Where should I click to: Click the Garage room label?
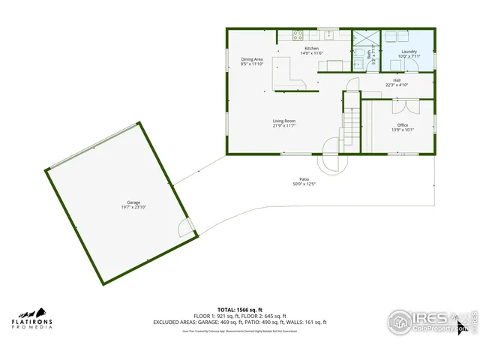pyautogui.click(x=133, y=202)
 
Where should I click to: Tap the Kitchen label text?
pyautogui.click(x=290, y=49)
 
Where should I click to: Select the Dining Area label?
pyautogui.click(x=251, y=59)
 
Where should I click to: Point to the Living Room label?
pyautogui.click(x=283, y=121)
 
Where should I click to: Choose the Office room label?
pyautogui.click(x=403, y=124)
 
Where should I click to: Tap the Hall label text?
pyautogui.click(x=396, y=80)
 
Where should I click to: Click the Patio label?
pyautogui.click(x=304, y=179)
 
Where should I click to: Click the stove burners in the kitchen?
pyautogui.click(x=289, y=34)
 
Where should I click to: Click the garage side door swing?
pyautogui.click(x=185, y=226)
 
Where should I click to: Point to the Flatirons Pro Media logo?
pyautogui.click(x=31, y=319)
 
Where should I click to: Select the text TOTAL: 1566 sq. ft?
pyautogui.click(x=241, y=309)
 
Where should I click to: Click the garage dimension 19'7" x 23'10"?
pyautogui.click(x=133, y=207)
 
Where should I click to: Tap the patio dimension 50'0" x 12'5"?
pyautogui.click(x=304, y=184)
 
